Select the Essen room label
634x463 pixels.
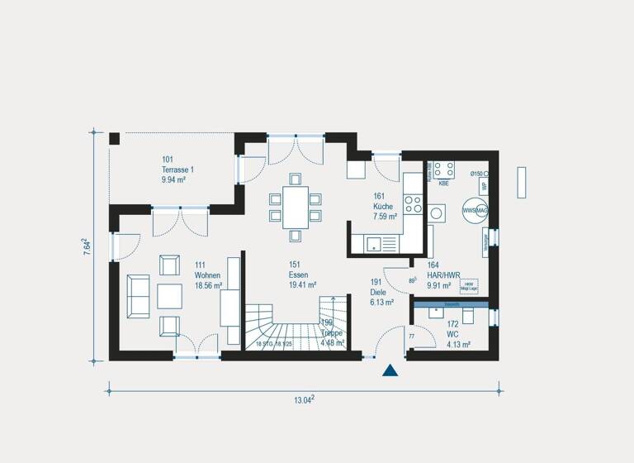(x=298, y=274)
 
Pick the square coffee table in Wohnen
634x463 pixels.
(x=170, y=296)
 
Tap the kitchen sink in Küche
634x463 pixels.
(x=374, y=244)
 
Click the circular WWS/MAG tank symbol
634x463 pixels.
(x=475, y=210)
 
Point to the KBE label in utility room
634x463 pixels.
(x=443, y=184)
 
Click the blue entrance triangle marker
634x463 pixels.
(x=390, y=370)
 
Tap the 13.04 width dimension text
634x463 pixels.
(x=305, y=400)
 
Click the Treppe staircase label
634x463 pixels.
(x=331, y=332)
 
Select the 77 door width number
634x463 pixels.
(x=411, y=337)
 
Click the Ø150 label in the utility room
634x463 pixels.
(x=476, y=174)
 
